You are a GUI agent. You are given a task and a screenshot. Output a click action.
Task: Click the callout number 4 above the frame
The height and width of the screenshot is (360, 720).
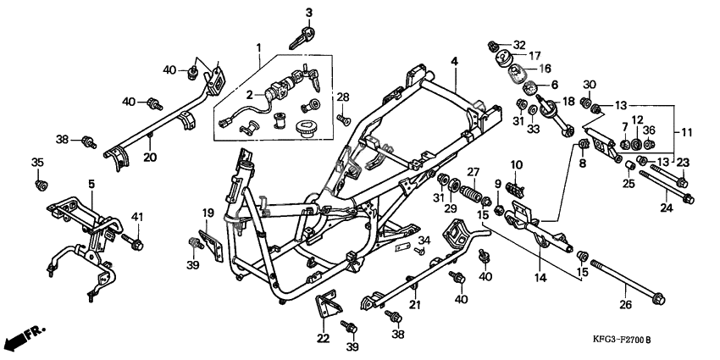454,61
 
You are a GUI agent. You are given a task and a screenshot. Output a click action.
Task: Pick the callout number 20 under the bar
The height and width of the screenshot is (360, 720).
149,157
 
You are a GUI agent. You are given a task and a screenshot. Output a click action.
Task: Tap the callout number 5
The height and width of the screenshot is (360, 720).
91,183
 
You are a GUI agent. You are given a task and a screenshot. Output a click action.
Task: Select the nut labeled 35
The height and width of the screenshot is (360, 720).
38,183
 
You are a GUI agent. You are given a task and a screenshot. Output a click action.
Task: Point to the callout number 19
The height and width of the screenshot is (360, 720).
208,212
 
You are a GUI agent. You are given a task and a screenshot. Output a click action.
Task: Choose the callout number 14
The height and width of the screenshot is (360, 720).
540,276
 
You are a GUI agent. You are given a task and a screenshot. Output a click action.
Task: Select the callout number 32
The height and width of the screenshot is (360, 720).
518,44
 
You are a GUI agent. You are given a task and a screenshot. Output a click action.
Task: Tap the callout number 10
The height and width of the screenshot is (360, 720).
516,163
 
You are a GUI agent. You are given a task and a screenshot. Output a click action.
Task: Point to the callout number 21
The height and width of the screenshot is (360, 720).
415,305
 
